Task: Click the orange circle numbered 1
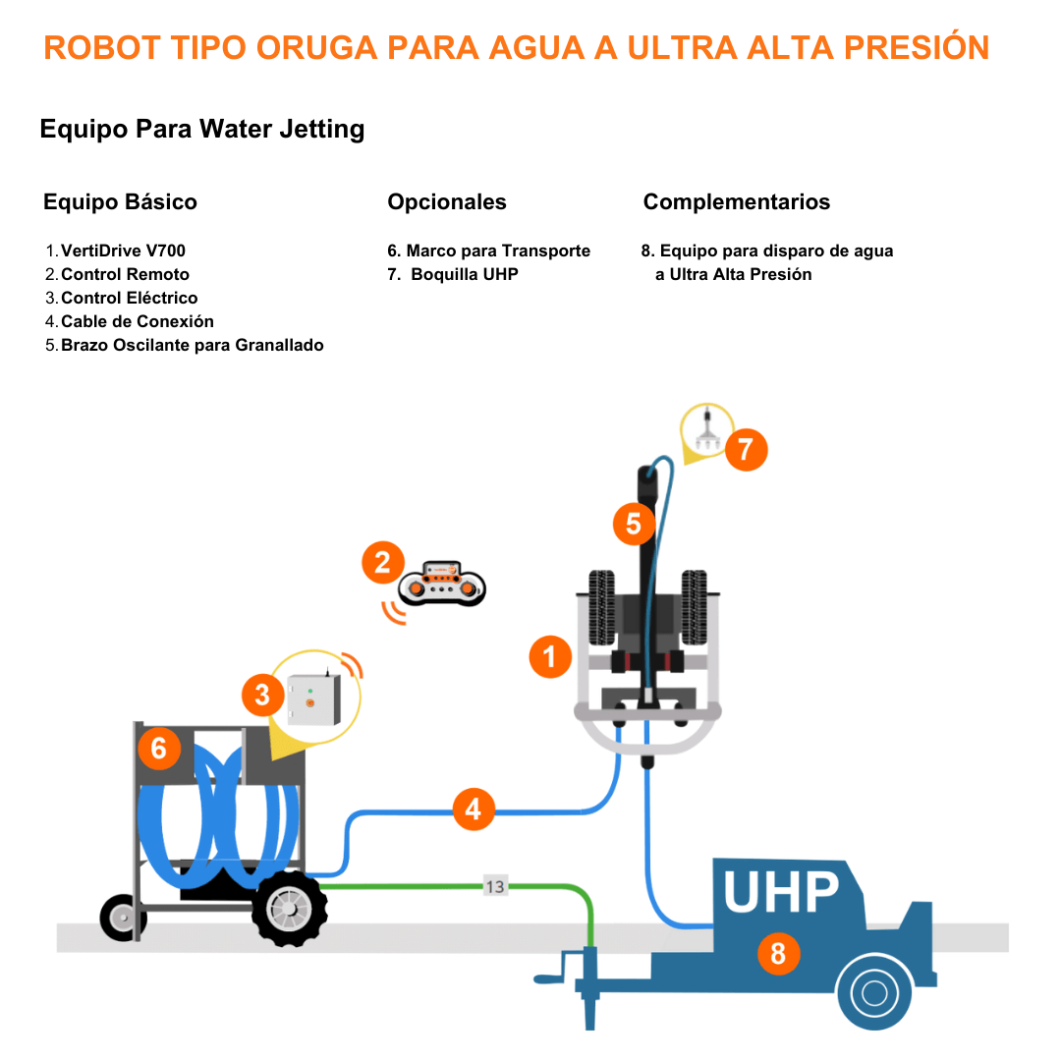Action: point(550,656)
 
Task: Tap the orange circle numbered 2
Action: point(382,563)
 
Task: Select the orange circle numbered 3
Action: point(262,696)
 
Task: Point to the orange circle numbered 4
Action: point(474,810)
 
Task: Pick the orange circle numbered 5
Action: point(634,524)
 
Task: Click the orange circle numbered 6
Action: point(159,751)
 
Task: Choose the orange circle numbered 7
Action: point(746,450)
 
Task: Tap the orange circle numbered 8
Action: point(778,952)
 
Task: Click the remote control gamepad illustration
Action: point(442,584)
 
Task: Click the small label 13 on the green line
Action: point(495,886)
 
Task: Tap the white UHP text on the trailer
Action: point(781,892)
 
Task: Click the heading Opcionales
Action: point(447,202)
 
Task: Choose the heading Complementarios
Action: point(736,202)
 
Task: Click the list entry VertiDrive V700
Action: point(123,251)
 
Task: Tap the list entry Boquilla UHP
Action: point(464,275)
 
